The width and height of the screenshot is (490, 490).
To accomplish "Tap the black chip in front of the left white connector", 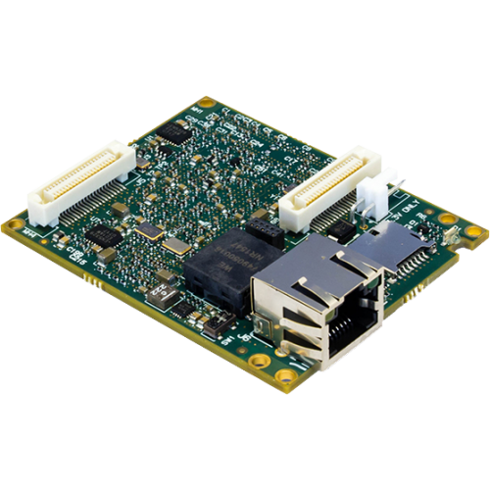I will (x=104, y=235).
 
